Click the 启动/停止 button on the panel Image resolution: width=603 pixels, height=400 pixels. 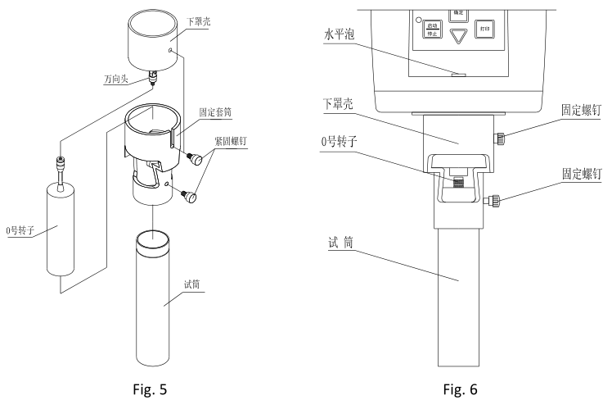tap(432, 30)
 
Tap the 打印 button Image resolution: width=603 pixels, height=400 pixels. tap(486, 30)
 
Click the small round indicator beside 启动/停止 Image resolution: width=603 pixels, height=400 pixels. tap(417, 19)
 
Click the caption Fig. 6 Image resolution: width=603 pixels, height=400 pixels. tap(459, 386)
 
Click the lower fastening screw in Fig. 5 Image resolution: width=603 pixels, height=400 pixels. tap(191, 197)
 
